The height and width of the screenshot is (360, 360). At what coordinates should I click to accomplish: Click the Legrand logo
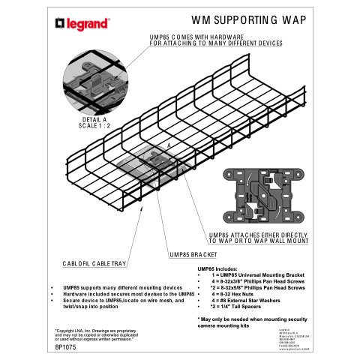pos(83,22)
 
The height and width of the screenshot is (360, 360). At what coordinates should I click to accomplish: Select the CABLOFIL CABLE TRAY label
pos(94,264)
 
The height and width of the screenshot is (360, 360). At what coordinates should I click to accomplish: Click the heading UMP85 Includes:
pos(217,268)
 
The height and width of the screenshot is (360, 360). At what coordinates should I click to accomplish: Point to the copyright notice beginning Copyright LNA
pos(94,335)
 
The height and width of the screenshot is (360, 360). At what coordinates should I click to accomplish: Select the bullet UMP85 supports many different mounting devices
pos(122,287)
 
